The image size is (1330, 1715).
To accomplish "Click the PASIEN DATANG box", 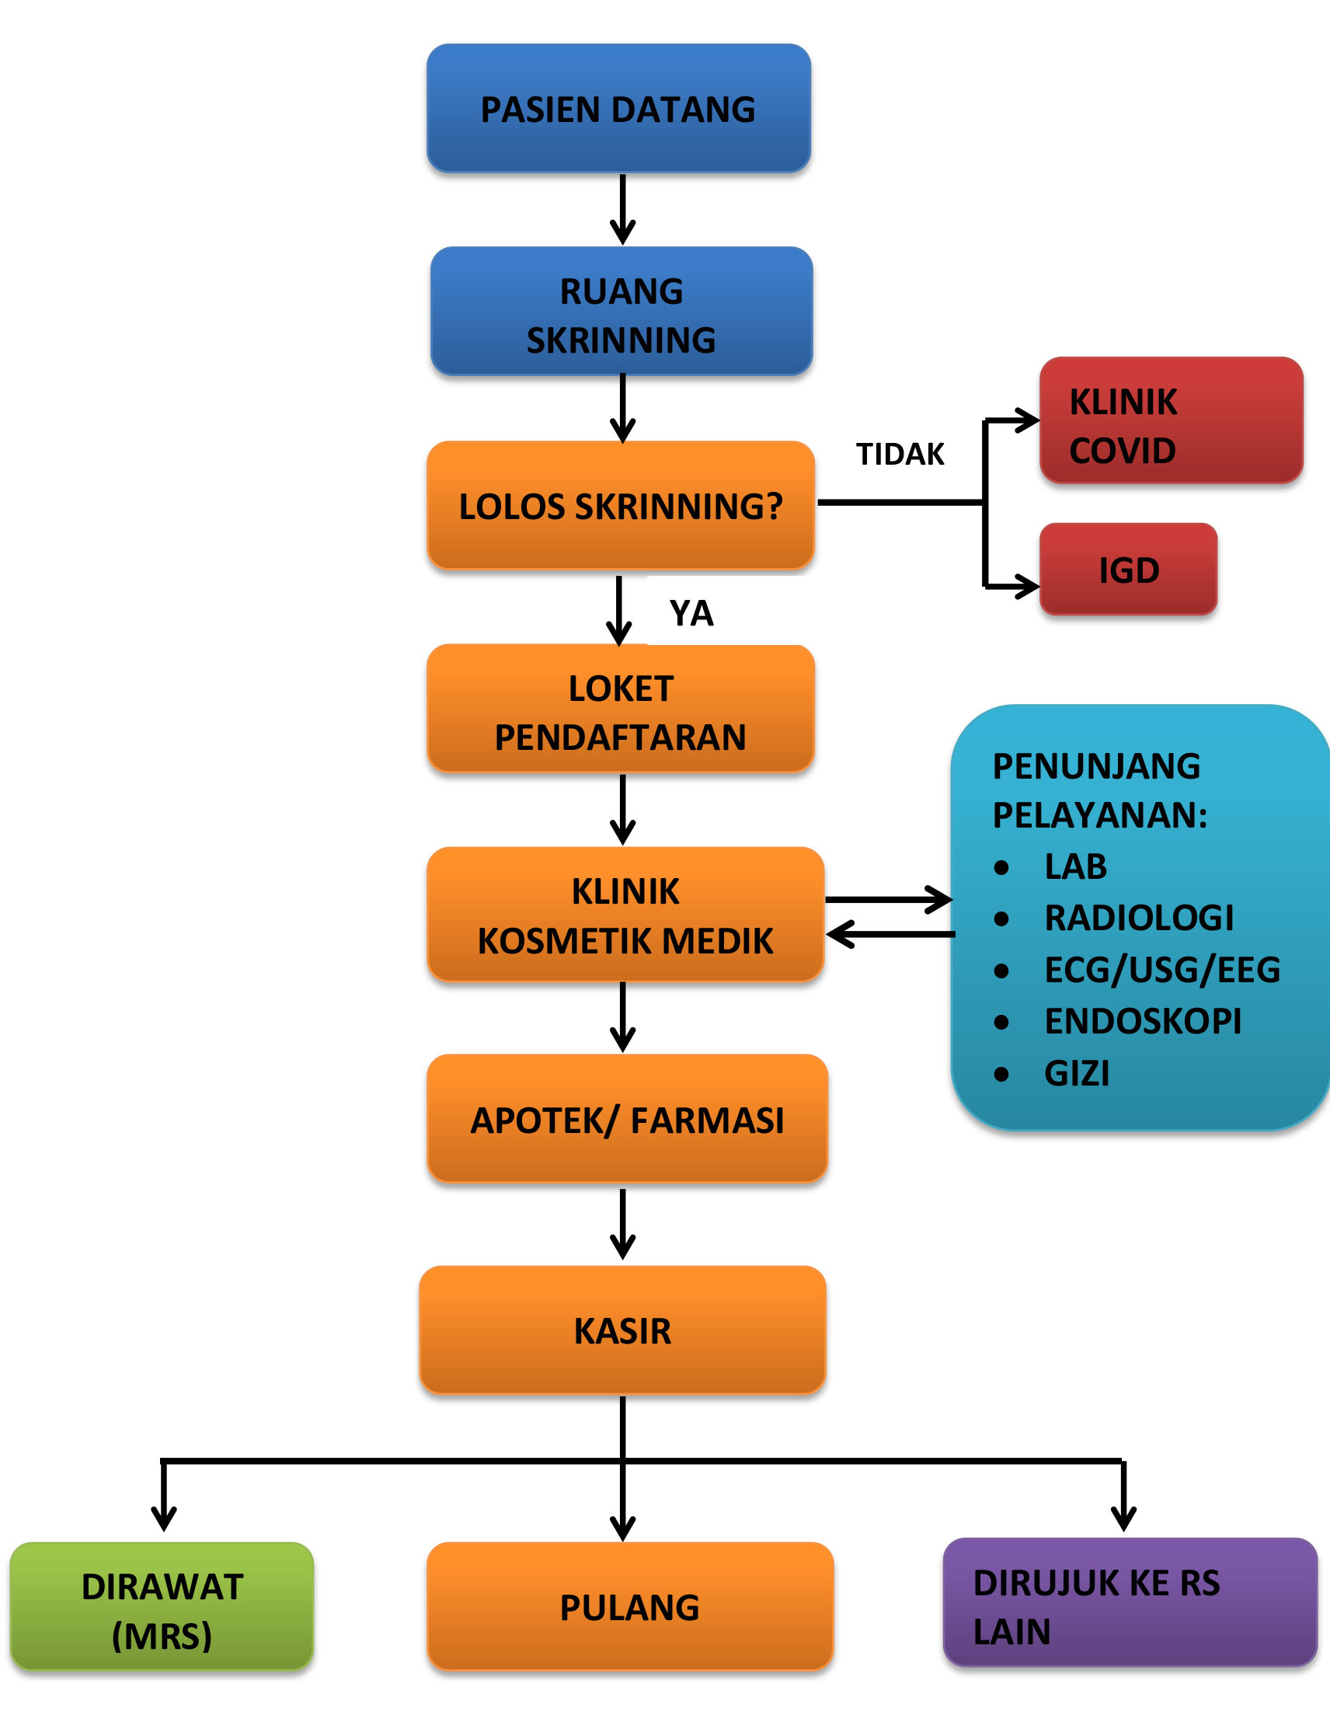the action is (618, 108).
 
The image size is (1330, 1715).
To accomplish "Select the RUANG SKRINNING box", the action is (621, 311).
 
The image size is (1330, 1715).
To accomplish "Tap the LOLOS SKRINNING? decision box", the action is (620, 505).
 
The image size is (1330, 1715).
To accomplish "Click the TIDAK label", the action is (900, 454).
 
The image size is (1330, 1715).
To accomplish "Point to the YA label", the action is (691, 612).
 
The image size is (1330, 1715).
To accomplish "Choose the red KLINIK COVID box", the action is (1172, 420).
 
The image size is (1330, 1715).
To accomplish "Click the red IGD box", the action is (1128, 570).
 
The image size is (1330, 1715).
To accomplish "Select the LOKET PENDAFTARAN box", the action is (620, 708).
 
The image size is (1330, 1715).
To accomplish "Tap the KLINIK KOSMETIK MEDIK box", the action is (625, 914).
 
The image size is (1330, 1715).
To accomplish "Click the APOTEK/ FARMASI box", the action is (627, 1118).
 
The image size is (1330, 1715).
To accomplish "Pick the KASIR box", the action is (622, 1330).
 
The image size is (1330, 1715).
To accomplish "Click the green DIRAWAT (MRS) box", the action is (162, 1607).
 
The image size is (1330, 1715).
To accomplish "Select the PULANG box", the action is (630, 1607).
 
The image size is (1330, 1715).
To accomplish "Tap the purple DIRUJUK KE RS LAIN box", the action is (1130, 1602).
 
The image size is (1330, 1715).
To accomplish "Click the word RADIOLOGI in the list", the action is (1138, 917).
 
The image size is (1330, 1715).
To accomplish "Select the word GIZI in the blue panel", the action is (1077, 1072).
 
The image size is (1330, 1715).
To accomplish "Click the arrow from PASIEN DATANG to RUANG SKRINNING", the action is (622, 209).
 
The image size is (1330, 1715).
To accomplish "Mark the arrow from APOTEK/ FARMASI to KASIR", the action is (622, 1224).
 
